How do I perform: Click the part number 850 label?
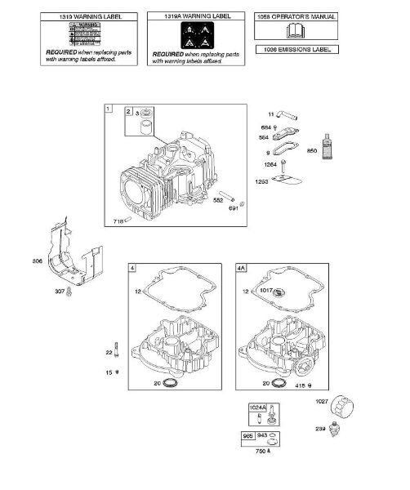coord(310,151)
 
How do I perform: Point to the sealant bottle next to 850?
coord(327,142)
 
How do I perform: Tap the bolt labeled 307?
coord(72,292)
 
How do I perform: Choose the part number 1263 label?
coord(262,180)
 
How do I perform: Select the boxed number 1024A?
coord(258,406)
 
